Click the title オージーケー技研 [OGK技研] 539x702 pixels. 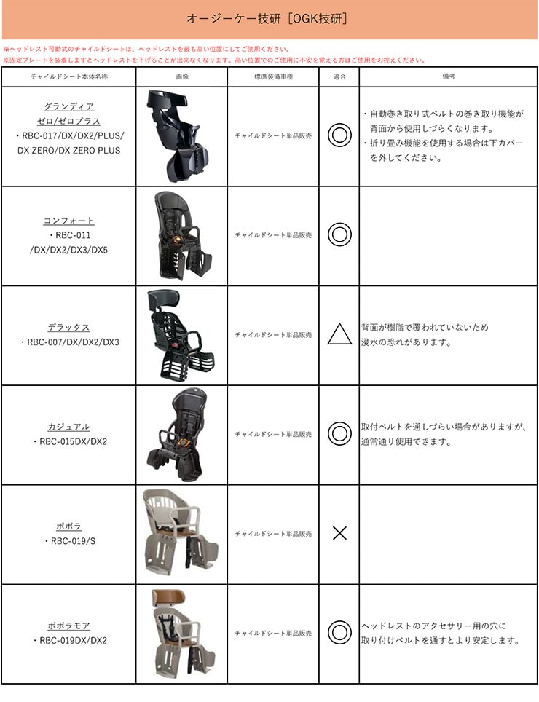point(269,19)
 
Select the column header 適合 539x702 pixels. point(339,76)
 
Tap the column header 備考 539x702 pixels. point(448,76)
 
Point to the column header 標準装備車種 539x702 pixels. point(272,76)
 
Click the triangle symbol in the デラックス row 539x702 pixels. point(339,334)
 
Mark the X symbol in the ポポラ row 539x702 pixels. point(339,533)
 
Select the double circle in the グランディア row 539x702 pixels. point(339,135)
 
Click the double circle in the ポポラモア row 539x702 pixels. point(339,632)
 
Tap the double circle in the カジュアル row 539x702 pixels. point(339,434)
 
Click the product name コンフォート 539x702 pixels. point(68,221)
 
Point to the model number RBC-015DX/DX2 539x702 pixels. point(70,441)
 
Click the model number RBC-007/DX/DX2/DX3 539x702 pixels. point(70,342)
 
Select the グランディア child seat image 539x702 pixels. point(178,135)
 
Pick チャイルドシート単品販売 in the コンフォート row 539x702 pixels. point(272,235)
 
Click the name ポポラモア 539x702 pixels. point(68,626)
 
